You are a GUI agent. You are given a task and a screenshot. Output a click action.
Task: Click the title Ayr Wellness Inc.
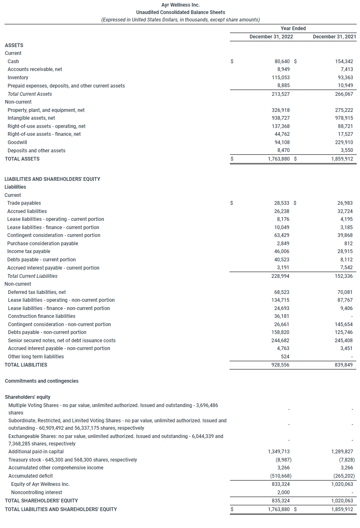(180, 5)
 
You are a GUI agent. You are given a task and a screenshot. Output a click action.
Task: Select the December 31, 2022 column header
(271, 37)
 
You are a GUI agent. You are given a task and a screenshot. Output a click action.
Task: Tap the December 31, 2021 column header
(334, 37)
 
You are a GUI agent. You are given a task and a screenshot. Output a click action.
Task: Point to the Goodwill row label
(17, 142)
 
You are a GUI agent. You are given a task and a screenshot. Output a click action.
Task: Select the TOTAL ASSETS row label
(22, 159)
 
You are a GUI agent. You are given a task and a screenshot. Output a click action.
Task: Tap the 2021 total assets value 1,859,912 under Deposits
(342, 159)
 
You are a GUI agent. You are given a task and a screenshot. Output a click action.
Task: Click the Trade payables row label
(24, 203)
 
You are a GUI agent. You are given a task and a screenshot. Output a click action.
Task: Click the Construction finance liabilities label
(42, 316)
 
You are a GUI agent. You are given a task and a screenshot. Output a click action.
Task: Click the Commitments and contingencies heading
(41, 381)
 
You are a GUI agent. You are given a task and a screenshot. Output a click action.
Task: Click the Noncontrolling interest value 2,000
(284, 492)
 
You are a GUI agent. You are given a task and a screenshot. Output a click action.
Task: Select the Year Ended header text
(293, 28)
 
